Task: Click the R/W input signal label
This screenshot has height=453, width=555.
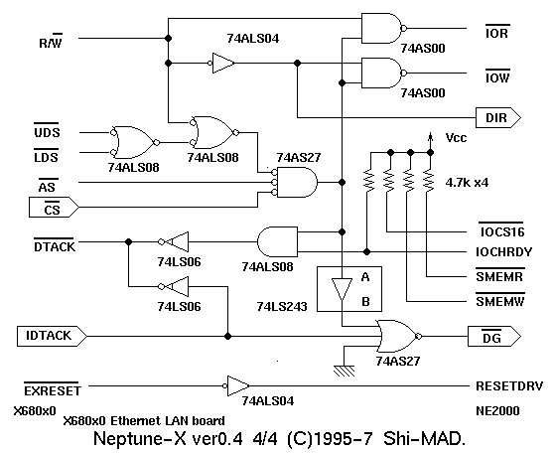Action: tap(51, 41)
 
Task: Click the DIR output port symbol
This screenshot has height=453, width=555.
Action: tap(498, 117)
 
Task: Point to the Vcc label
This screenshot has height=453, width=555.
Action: tap(456, 137)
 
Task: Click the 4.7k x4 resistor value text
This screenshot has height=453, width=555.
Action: tap(467, 183)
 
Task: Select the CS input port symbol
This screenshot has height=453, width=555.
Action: tap(54, 208)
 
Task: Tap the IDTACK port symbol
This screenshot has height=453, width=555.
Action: tap(52, 336)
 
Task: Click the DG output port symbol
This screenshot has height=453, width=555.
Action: tap(494, 336)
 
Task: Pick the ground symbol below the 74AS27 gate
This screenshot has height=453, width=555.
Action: tap(344, 371)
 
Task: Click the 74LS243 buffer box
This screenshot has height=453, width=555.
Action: tap(349, 289)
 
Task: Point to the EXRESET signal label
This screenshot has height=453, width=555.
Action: tap(53, 389)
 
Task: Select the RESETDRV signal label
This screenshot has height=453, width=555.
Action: tap(509, 386)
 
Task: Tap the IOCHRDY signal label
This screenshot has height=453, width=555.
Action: tap(503, 251)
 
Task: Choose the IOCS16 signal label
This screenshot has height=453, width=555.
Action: tap(502, 230)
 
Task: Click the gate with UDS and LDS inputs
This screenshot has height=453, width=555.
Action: tap(134, 142)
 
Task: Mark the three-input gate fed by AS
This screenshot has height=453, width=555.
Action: tap(295, 183)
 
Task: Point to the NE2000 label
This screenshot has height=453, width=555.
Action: tap(497, 411)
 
